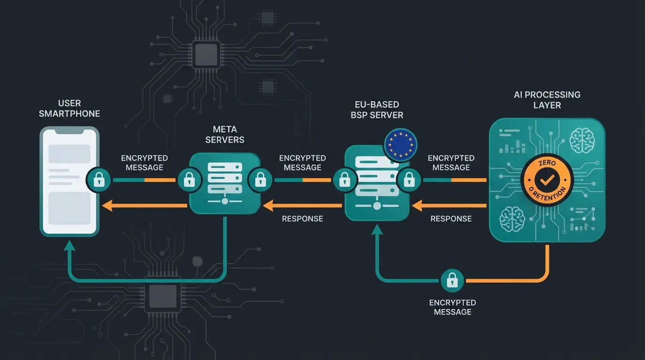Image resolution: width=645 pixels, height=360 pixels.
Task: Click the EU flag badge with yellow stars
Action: pos(400,144)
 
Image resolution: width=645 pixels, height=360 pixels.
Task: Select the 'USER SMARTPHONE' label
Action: pos(69,108)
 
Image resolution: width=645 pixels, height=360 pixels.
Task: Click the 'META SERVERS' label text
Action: pos(225,134)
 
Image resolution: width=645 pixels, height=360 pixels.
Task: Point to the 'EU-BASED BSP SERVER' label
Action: pos(377,110)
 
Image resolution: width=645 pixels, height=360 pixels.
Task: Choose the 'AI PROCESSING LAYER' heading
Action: pos(547,100)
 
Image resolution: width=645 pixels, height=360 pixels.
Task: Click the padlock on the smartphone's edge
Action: pos(99,180)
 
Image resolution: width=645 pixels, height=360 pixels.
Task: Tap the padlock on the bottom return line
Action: pos(452,281)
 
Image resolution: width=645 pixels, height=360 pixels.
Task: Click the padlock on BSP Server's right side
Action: pos(409,180)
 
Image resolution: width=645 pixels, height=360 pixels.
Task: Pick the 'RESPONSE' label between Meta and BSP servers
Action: pos(302,219)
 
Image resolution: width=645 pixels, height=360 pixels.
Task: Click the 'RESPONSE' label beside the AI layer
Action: pos(451,219)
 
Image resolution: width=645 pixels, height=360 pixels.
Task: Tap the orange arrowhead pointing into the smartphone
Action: pos(107,205)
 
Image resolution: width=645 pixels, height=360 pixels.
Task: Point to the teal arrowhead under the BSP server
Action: pos(377,230)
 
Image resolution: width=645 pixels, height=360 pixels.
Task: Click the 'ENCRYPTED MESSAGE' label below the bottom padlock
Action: pos(452,307)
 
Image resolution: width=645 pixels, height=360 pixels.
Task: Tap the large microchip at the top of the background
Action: pos(206,54)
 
